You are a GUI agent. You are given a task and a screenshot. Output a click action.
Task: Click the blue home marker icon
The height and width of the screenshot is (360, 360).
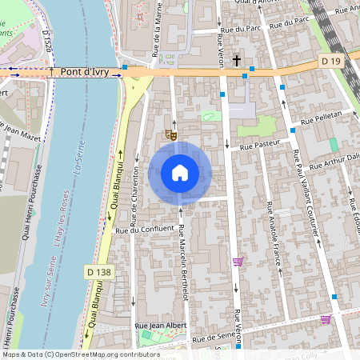[x=180, y=173]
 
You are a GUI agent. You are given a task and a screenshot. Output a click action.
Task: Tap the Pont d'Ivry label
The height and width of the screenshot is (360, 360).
[x=84, y=71]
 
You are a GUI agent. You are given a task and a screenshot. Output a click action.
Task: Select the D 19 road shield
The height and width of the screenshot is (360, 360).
[x=330, y=61]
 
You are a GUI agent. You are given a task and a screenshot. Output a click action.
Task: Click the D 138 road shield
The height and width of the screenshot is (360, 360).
[x=95, y=273]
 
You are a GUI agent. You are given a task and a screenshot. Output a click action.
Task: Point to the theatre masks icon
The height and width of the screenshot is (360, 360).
[x=170, y=135]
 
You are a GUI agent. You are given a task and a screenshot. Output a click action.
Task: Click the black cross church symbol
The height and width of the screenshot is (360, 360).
[x=237, y=60]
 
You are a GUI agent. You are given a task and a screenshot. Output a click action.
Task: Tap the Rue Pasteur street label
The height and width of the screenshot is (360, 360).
[x=257, y=146]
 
